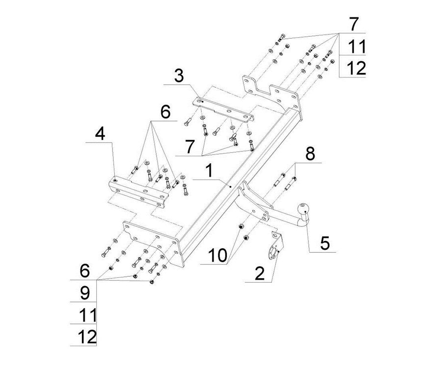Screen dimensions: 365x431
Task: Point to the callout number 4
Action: [x=100, y=134]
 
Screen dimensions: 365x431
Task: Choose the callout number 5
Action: [x=324, y=243]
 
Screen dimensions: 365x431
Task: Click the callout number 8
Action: [x=310, y=154]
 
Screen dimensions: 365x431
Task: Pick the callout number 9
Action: [x=84, y=293]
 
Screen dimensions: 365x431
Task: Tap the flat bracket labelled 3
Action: [x=223, y=111]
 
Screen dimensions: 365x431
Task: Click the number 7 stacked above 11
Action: [x=353, y=24]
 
